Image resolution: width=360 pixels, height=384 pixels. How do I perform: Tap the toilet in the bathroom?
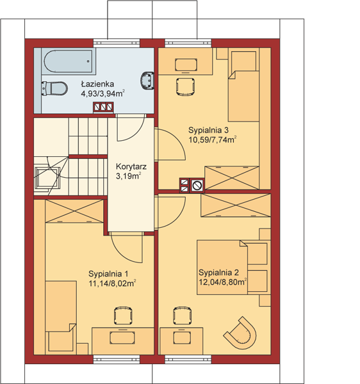[54, 88]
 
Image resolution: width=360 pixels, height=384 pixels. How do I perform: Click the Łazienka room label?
[97, 84]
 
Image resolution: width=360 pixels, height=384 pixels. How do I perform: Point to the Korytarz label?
[131, 167]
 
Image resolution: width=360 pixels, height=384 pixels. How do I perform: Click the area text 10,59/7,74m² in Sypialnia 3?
[213, 140]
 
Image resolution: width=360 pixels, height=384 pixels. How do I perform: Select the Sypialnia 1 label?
[108, 273]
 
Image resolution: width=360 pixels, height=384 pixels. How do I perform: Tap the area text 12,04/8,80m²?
[222, 282]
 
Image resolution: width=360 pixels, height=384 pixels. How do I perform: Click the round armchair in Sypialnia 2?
[240, 333]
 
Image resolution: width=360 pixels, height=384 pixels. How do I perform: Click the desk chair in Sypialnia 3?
[186, 86]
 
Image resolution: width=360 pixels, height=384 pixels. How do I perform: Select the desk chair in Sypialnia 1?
[123, 316]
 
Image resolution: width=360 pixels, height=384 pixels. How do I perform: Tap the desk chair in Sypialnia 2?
[183, 316]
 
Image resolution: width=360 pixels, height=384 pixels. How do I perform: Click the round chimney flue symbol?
[197, 185]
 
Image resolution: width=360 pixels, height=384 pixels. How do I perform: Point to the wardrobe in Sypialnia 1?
[74, 211]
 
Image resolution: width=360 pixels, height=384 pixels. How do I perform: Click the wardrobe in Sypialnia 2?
[236, 205]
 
